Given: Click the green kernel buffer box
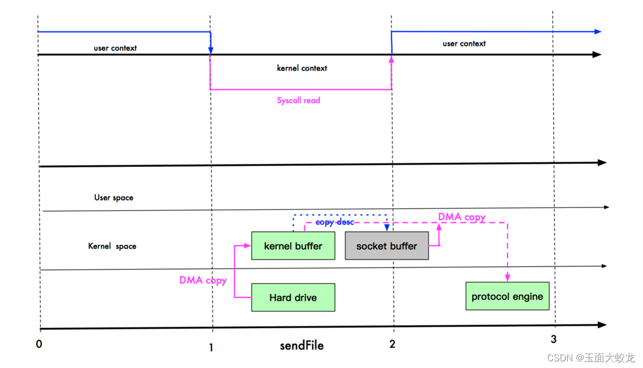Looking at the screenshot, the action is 293,246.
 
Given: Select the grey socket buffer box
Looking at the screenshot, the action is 387,246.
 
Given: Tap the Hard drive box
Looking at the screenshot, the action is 293,297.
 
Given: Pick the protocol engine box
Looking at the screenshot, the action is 507,296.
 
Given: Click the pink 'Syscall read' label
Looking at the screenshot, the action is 298,100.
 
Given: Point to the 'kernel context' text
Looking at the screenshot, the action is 302,68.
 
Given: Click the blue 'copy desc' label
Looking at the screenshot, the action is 335,222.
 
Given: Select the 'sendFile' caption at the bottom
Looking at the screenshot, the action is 302,345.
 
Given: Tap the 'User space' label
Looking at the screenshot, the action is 114,198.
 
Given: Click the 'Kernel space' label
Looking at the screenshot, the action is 112,246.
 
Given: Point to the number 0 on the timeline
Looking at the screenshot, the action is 39,344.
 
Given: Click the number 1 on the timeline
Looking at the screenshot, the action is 211,348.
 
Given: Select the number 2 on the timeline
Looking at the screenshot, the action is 392,344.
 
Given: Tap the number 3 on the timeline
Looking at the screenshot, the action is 554,339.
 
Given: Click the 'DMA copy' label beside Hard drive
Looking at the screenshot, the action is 203,280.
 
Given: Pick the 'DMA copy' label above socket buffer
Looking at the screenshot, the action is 462,217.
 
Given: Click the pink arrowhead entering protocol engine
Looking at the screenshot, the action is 507,277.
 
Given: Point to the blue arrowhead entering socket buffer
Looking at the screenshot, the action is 387,228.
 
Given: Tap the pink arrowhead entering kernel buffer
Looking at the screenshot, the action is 247,246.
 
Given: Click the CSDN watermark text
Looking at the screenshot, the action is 591,358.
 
